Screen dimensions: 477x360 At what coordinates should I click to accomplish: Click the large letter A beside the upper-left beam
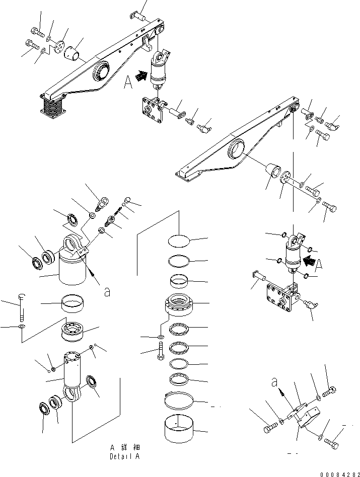click(x=128, y=82)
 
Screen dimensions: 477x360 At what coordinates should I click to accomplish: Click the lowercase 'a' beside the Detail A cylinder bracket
click(x=107, y=292)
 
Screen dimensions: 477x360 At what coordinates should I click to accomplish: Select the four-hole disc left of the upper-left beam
click(x=61, y=46)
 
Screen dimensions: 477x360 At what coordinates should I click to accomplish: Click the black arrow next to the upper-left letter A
click(x=143, y=76)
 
